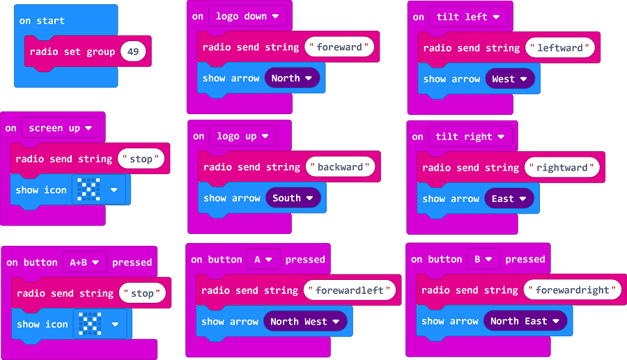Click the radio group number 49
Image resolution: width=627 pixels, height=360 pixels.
point(133,52)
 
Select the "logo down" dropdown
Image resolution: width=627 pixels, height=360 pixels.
point(247,16)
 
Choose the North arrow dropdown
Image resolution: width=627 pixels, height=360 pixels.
point(292,79)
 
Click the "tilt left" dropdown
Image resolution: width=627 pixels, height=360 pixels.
point(468,17)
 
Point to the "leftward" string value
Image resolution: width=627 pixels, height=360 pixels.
point(560,48)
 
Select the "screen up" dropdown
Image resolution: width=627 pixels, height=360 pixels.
point(61,128)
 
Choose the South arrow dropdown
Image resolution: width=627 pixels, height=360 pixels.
point(293,198)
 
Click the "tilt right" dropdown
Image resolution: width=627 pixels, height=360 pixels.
point(469,137)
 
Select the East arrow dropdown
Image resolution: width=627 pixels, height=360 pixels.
point(509,199)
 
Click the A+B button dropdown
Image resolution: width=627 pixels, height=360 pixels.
point(85,263)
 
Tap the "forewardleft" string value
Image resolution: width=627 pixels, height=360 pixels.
point(350,290)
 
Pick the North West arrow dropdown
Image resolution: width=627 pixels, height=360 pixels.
point(305,322)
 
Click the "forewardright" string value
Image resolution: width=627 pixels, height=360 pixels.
point(572,290)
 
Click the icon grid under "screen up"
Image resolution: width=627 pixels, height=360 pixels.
point(89,189)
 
